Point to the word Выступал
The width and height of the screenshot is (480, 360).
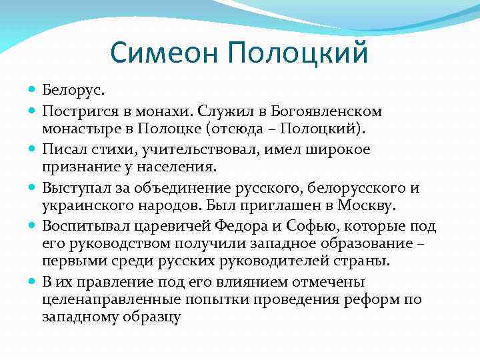tap(75, 187)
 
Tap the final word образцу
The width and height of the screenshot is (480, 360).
tap(153, 316)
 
